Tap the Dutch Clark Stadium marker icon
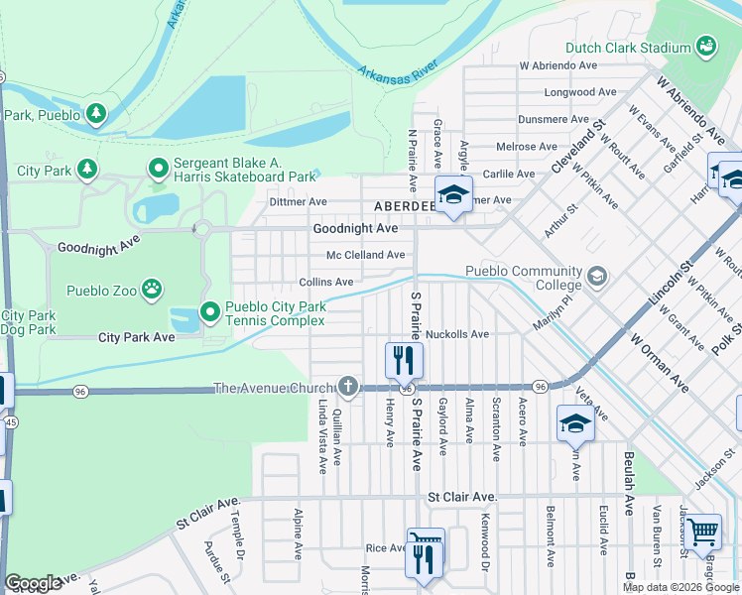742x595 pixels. pos(706,47)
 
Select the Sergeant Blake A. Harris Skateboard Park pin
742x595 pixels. pos(158,170)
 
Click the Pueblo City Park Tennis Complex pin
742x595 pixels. pos(209,312)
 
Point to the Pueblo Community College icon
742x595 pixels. pos(596,274)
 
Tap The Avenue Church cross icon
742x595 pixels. pos(347,385)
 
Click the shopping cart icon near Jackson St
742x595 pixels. pos(703,532)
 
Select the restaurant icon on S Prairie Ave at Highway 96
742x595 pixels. pos(404,359)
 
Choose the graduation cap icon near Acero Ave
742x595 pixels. pos(575,423)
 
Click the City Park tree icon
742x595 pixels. pos(86,170)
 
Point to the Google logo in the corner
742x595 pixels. pos(33,583)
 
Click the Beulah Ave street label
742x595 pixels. pos(629,483)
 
